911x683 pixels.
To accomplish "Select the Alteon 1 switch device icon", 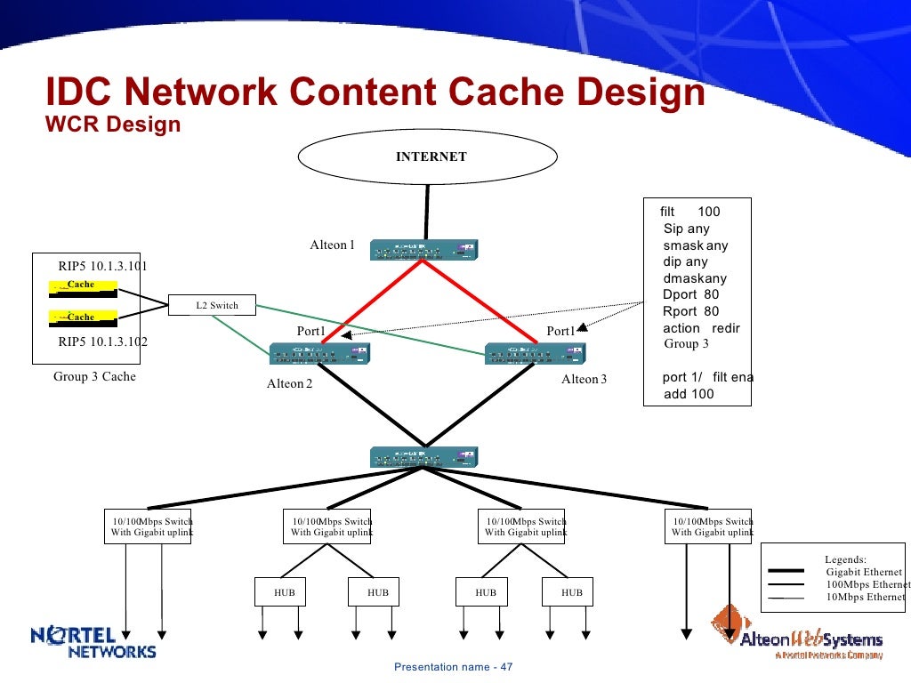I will pos(423,251).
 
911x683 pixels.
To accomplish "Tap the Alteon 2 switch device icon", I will pos(320,354).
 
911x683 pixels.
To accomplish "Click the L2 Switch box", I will pos(212,305).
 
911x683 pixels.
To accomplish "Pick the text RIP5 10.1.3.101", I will pos(103,266).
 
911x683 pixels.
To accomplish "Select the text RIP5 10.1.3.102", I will pos(103,341).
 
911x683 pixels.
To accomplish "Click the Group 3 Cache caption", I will pos(94,376).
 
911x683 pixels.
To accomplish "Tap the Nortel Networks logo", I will pos(93,642).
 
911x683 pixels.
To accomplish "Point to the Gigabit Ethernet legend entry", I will pos(863,572).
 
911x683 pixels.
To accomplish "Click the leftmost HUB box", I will pos(284,592).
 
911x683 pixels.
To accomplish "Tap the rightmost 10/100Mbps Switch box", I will pos(711,526).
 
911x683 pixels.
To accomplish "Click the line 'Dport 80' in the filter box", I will pos(690,294).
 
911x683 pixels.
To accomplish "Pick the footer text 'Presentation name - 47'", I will pos(454,667).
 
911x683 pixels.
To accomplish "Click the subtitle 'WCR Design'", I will pos(113,125).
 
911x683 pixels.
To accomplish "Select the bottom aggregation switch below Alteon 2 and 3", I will pos(424,457).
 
